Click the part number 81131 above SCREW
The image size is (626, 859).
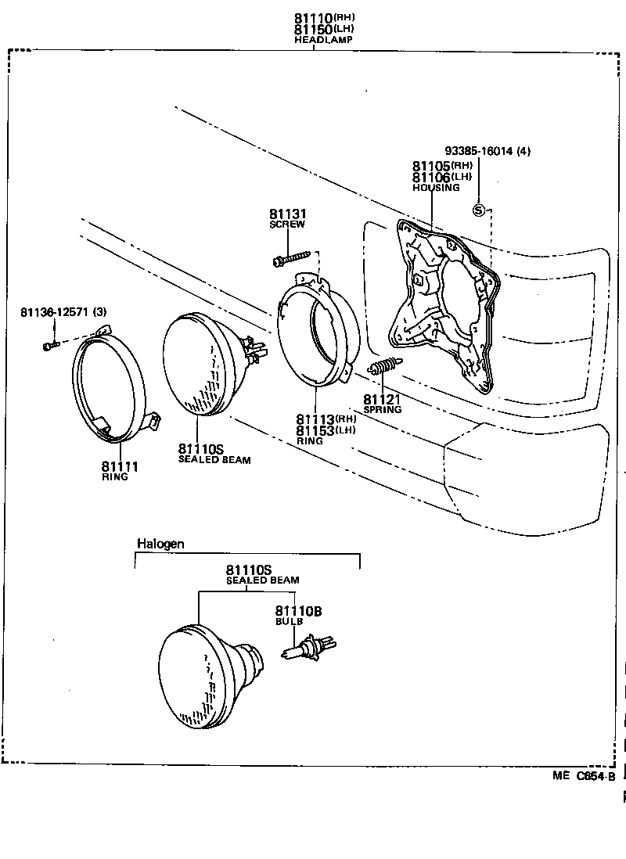(287, 214)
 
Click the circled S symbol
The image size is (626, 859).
(479, 210)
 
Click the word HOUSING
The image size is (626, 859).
(436, 188)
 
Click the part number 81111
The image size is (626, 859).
(120, 467)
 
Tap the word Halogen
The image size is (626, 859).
(160, 544)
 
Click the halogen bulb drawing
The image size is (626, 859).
(309, 648)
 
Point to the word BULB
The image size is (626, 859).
(288, 621)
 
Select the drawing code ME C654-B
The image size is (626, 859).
(584, 776)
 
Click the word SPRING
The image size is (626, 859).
(383, 410)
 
